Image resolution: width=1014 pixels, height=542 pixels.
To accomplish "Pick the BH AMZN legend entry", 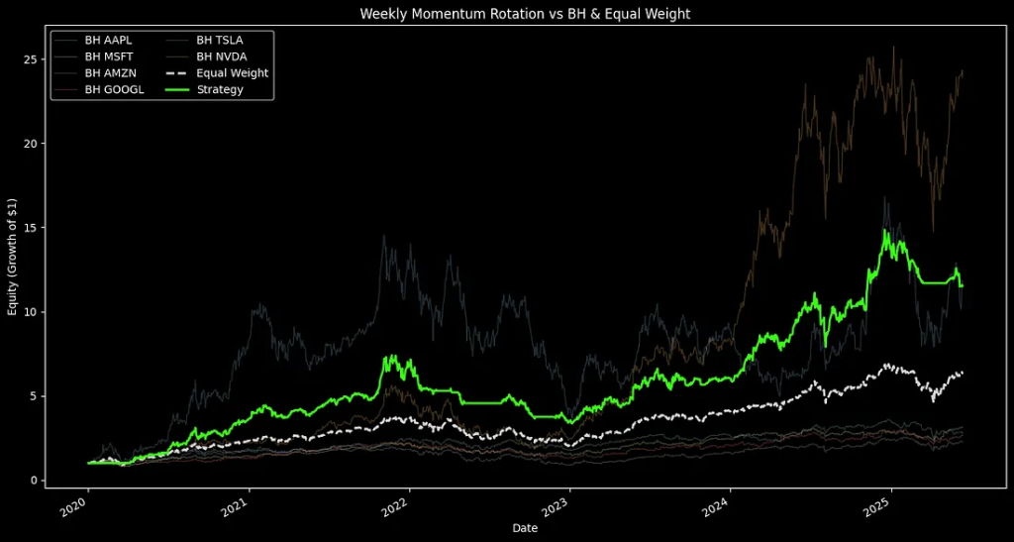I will point(108,72).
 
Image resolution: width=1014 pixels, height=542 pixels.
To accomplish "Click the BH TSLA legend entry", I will point(220,40).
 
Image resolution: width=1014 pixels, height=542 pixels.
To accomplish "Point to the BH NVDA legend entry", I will point(221,56).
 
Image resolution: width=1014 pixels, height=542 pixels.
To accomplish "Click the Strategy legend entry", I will point(220,89).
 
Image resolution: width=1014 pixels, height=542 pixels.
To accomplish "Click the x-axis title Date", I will point(525,528).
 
